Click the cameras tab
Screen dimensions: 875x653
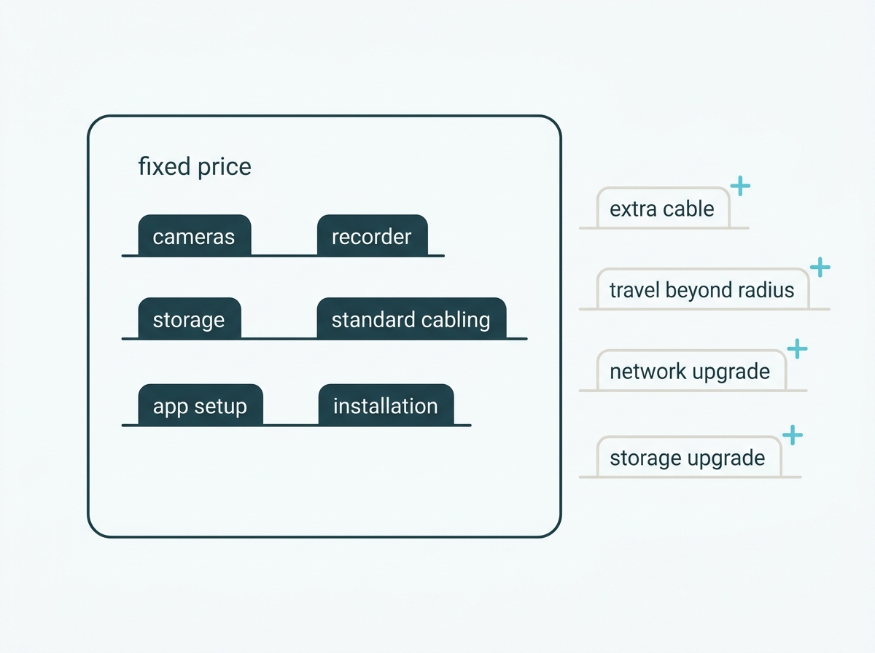point(195,235)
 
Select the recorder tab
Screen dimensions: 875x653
point(373,235)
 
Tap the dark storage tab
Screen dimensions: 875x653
point(190,318)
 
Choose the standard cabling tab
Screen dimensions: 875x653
point(411,318)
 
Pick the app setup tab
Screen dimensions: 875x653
point(201,404)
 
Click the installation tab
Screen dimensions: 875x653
point(386,404)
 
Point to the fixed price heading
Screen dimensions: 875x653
point(195,167)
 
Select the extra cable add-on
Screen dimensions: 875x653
point(664,208)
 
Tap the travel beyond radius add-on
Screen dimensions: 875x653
point(703,289)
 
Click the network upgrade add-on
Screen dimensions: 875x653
point(691,370)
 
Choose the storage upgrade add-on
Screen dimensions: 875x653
point(689,456)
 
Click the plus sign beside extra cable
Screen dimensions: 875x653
point(740,186)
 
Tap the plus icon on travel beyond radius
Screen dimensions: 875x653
point(820,267)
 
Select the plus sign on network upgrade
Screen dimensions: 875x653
point(797,348)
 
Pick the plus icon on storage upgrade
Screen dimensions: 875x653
point(793,434)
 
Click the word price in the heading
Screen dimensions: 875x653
point(225,168)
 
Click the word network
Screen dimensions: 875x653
point(648,372)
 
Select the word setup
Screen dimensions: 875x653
point(220,407)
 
